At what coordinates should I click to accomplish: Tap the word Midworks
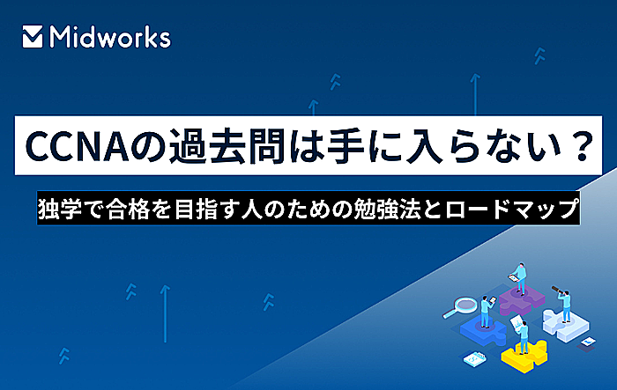click(110, 37)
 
